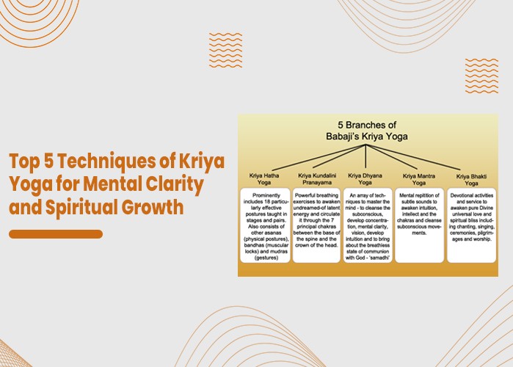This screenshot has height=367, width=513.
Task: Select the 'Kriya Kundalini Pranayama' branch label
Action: point(316,180)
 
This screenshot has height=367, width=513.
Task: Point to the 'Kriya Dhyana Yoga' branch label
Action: point(365,180)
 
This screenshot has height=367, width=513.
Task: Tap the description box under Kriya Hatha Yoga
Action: point(266,225)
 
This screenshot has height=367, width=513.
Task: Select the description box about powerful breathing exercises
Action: point(316,225)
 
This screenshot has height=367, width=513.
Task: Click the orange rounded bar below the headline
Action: point(56,234)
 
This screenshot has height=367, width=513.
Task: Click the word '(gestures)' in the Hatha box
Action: point(266,258)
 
